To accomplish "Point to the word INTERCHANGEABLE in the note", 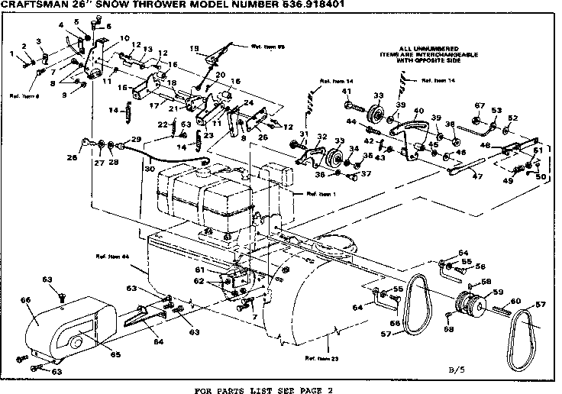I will (422, 55).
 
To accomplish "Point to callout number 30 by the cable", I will (150, 168).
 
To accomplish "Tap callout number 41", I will (347, 92).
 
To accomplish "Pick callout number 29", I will (137, 138).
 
